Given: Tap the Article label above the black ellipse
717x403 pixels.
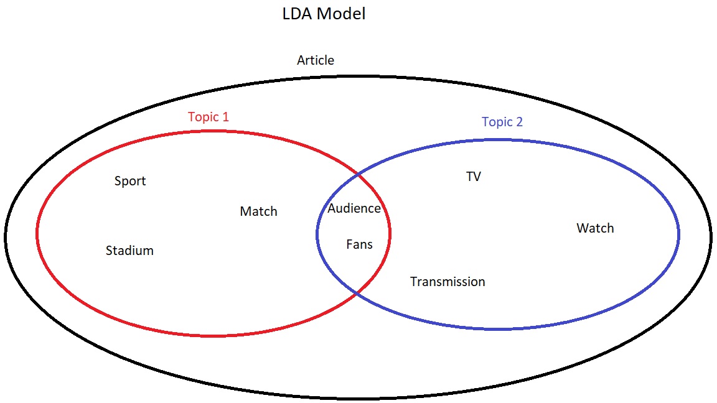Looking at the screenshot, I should point(316,60).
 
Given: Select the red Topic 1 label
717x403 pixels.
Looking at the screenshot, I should point(209,116).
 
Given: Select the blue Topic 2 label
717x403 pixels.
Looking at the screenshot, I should point(502,122).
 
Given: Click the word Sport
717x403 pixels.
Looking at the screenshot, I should point(130,181).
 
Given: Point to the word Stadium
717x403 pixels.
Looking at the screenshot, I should point(129,251).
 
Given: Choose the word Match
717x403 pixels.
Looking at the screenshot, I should point(258,211).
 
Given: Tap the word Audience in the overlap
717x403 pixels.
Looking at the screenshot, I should point(354,208).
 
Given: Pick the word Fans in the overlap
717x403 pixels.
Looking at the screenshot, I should point(359,244).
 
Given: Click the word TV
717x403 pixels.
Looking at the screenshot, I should point(474,177).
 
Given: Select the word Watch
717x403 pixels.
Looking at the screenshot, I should point(595,228).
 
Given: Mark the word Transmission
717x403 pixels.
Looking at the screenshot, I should point(448,282).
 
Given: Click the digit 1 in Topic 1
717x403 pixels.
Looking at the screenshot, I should point(225,116).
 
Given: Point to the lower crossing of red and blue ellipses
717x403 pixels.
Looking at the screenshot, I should point(356,292).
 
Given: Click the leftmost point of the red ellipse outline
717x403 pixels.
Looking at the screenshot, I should point(37,234).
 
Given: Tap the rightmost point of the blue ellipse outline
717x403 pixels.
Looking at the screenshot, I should point(678,234).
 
